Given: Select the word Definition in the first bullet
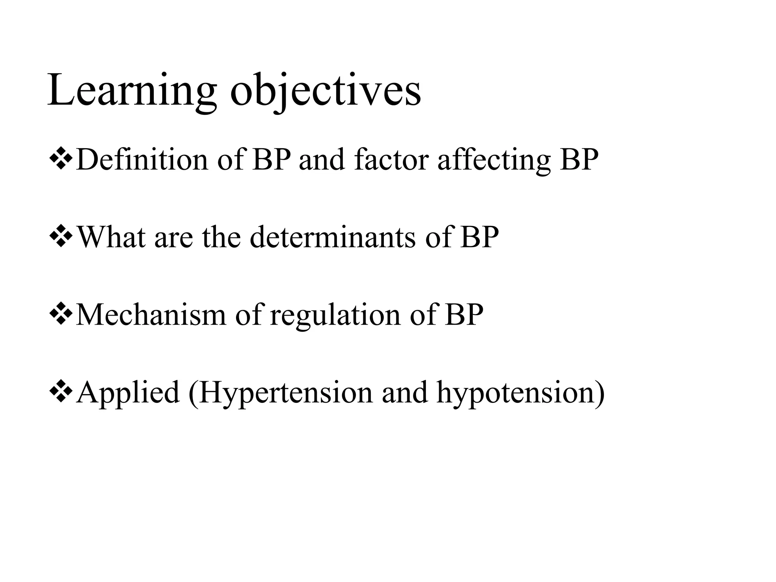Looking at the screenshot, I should point(142,160).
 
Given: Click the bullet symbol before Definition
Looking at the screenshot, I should point(61,160).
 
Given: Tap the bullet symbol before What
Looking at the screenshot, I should point(61,237).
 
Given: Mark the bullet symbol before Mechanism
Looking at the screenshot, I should point(61,314).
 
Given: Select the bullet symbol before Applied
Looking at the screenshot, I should point(61,392).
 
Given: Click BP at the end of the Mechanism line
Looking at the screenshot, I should point(464,314).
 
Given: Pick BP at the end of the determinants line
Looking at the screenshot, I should point(479,237).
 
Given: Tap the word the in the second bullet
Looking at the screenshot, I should point(221,237).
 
